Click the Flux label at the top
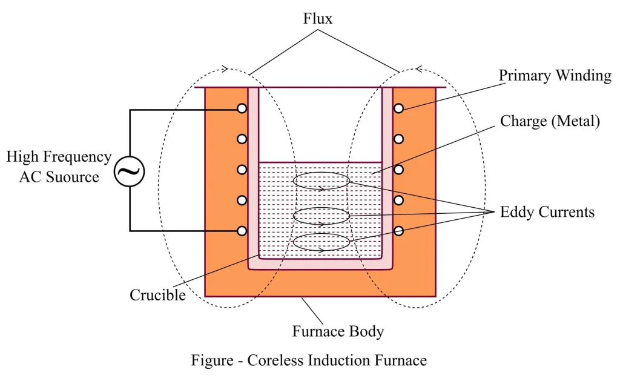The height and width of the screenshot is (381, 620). click(x=318, y=19)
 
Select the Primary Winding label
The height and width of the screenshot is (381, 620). click(x=555, y=76)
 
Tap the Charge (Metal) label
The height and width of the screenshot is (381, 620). click(x=549, y=121)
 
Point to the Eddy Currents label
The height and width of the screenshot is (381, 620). click(x=547, y=212)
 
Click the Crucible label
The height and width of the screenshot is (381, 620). click(x=157, y=295)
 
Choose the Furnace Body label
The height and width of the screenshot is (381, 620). click(x=338, y=331)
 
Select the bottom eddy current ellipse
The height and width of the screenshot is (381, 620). click(x=322, y=242)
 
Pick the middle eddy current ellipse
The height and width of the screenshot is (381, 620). click(x=322, y=216)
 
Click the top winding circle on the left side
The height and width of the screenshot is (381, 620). click(x=242, y=108)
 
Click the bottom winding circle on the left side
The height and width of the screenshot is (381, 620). click(x=242, y=231)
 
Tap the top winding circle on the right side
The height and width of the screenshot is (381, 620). click(x=398, y=108)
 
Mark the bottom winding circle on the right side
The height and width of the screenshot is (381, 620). click(x=398, y=231)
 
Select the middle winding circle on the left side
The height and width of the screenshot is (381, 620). click(x=242, y=170)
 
